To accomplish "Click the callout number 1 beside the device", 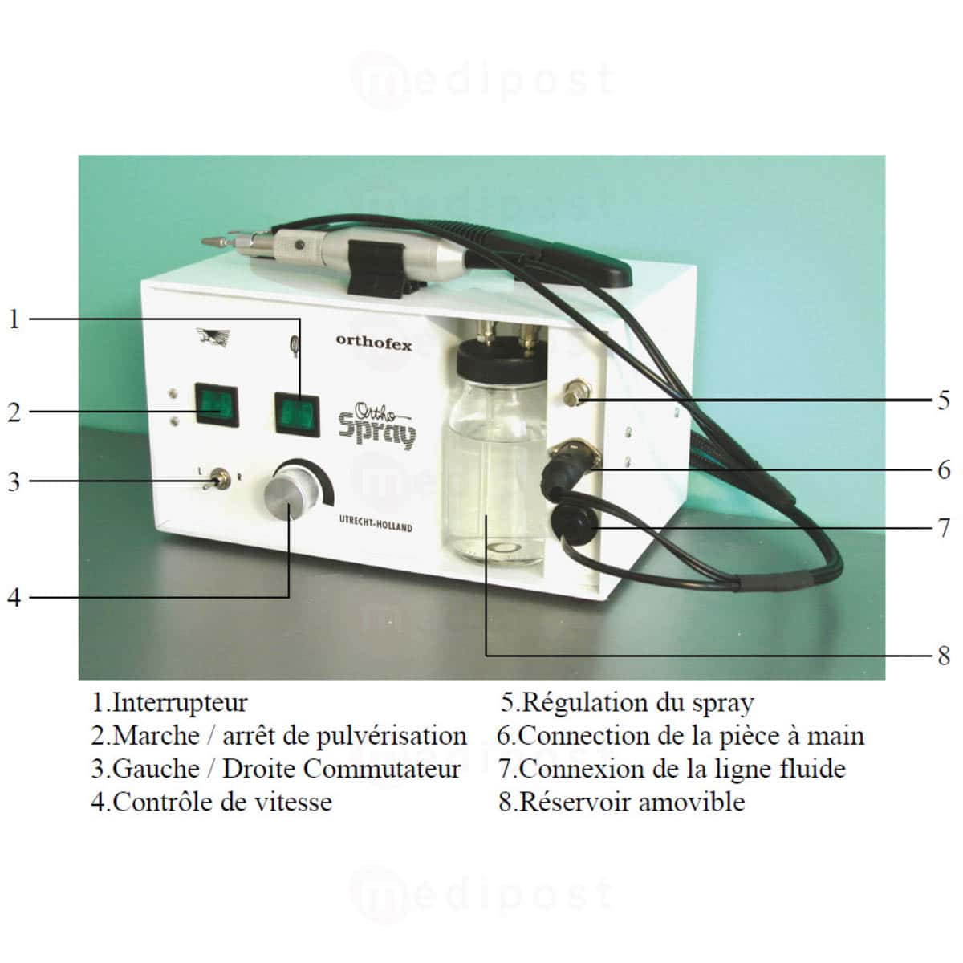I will pyautogui.click(x=13, y=319).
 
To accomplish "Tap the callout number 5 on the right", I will pyautogui.click(x=944, y=400).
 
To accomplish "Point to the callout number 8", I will pyautogui.click(x=944, y=656).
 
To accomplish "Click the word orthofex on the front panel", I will pyautogui.click(x=373, y=343).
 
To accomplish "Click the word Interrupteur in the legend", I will pyautogui.click(x=180, y=703).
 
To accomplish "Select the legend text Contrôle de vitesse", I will pyautogui.click(x=221, y=802).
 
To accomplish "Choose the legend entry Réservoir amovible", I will pyautogui.click(x=632, y=802).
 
